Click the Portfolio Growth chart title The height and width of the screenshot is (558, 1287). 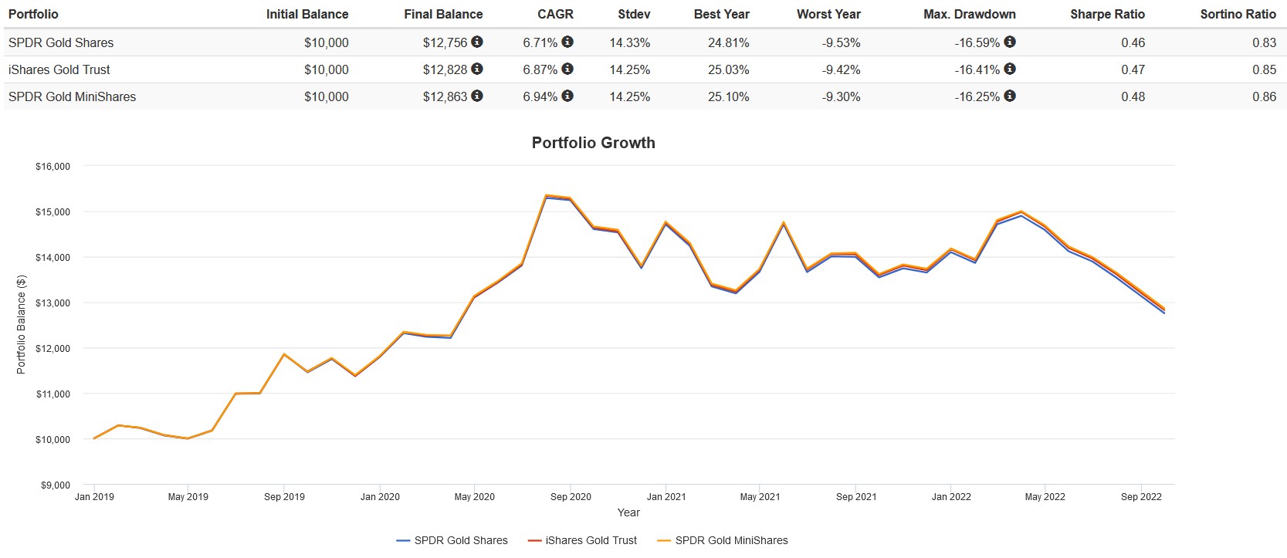593,143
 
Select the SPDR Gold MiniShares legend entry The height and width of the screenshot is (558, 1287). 731,540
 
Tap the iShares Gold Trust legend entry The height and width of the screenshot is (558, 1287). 591,540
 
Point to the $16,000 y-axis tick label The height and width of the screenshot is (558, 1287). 52,167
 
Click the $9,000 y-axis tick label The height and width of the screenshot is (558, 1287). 55,485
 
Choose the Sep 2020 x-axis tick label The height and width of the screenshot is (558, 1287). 571,497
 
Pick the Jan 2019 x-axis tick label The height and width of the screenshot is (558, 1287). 94,497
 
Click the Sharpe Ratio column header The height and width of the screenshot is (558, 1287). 1107,14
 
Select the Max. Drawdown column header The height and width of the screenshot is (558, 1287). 969,14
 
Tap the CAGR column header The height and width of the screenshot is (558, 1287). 555,14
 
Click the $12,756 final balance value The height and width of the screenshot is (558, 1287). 445,42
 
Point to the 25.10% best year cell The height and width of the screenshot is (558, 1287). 728,96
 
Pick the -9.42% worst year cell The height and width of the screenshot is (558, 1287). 841,69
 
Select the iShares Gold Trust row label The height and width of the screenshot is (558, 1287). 59,69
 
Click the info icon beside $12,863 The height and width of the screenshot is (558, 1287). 477,96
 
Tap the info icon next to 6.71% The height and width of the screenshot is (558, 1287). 567,42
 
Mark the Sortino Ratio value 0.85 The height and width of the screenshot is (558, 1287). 1264,69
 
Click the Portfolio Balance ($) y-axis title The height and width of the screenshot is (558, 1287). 21,325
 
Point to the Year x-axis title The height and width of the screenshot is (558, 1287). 628,512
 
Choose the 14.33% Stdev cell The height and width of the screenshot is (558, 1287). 629,42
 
